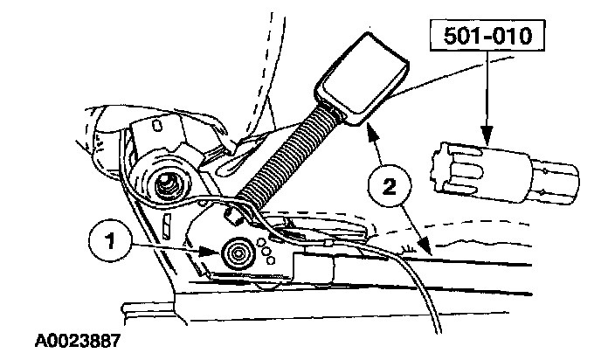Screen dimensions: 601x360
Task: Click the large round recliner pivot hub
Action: coord(166,184)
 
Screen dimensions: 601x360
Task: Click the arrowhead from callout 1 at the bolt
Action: coord(214,251)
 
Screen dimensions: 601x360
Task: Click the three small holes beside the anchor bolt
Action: coord(261,249)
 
